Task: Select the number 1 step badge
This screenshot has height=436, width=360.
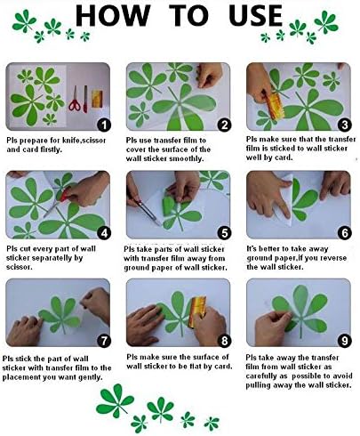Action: click(104, 125)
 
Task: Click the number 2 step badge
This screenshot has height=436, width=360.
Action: click(224, 125)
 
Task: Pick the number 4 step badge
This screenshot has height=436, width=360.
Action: click(104, 233)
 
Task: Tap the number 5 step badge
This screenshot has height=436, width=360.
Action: click(224, 233)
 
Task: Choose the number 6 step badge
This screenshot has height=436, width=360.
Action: click(342, 233)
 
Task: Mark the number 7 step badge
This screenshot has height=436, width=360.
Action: click(104, 341)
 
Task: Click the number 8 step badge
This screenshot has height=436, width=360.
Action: click(224, 341)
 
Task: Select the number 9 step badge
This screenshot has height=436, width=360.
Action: click(342, 341)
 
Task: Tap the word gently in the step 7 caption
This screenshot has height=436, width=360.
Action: click(92, 375)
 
